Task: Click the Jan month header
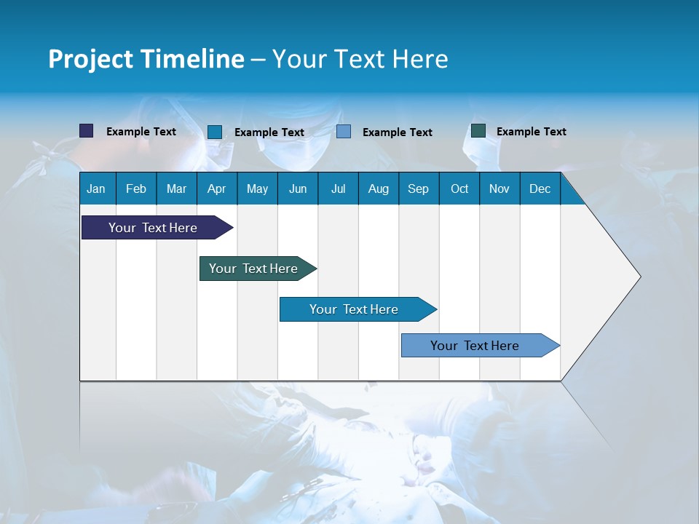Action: [x=96, y=189]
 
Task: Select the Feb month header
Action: [x=136, y=189]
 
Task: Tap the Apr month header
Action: [x=216, y=189]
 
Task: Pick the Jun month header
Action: [x=298, y=189]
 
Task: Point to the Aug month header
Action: [x=378, y=189]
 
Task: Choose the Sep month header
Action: [x=418, y=189]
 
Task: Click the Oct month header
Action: [x=459, y=189]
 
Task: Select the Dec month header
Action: [x=540, y=189]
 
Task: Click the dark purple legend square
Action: [x=86, y=131]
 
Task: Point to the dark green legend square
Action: [x=478, y=131]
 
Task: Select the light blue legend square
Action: [x=344, y=132]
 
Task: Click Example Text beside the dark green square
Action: [x=531, y=132]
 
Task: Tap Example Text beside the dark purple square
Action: [x=141, y=132]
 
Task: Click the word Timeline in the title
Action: [x=192, y=59]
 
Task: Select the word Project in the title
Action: [x=90, y=59]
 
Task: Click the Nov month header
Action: [x=499, y=189]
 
